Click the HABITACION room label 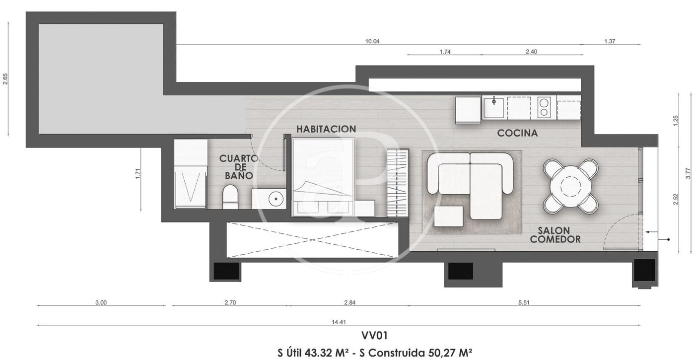[x=326, y=129]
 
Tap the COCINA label [x=517, y=133]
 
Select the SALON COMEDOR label [x=555, y=235]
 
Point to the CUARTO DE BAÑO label [x=239, y=167]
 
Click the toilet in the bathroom [x=230, y=197]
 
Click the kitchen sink [x=494, y=107]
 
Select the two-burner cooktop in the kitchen [x=544, y=107]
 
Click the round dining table [x=570, y=187]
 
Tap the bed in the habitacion [x=323, y=177]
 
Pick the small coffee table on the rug [x=449, y=216]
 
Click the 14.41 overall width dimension [x=339, y=322]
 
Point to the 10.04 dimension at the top [x=372, y=41]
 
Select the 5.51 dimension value [x=524, y=302]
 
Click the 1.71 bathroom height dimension [x=138, y=173]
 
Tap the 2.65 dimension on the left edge [x=5, y=79]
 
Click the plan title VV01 [x=374, y=336]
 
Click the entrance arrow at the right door [x=651, y=232]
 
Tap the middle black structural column [x=461, y=271]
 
